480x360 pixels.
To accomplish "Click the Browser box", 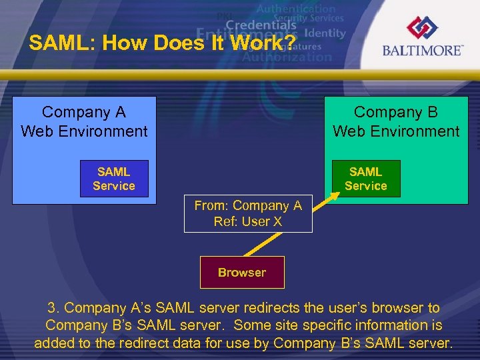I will [x=242, y=272].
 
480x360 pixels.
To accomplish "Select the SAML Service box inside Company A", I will [x=114, y=179].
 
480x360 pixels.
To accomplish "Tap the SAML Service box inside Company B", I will [x=366, y=179].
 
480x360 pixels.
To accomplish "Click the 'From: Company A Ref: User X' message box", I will [x=248, y=214].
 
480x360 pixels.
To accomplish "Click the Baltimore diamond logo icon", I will [x=423, y=29].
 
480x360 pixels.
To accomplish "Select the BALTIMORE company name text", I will [x=423, y=51].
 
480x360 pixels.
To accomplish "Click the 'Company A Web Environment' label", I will [x=84, y=121].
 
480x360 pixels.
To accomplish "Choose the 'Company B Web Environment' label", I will [x=396, y=121].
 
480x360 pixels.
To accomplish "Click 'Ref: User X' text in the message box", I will [x=248, y=222].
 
